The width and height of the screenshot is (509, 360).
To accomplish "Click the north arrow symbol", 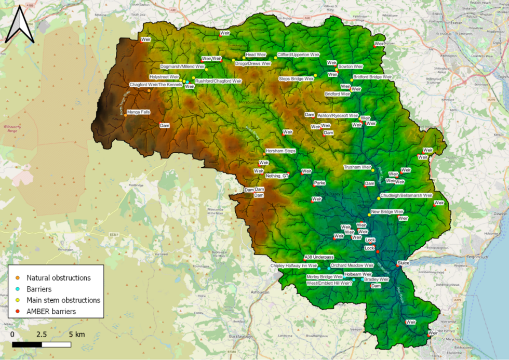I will click(19, 24).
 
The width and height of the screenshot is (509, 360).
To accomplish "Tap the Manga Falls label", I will click(138, 111).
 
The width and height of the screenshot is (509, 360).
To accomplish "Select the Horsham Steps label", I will click(280, 151).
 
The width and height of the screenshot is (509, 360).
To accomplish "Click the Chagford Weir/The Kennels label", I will click(155, 85).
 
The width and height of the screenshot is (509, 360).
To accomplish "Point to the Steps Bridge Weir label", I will click(296, 78).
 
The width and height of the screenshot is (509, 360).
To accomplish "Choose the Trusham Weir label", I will click(357, 167).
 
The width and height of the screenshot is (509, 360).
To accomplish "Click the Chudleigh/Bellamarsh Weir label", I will click(406, 195).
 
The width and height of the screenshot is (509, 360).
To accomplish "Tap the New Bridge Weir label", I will click(387, 212).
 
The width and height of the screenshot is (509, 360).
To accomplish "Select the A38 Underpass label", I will click(319, 257).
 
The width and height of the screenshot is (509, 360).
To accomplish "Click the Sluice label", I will click(403, 263).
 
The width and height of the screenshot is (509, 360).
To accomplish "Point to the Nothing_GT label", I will click(276, 176).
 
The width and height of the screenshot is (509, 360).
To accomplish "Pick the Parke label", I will click(319, 183).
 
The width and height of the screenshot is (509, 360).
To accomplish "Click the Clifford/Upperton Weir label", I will click(298, 54).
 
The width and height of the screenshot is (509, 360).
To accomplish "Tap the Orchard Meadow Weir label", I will click(352, 265).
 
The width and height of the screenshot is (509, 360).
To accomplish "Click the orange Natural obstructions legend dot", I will click(18, 278).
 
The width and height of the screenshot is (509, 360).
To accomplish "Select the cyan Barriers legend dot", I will click(18, 289).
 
